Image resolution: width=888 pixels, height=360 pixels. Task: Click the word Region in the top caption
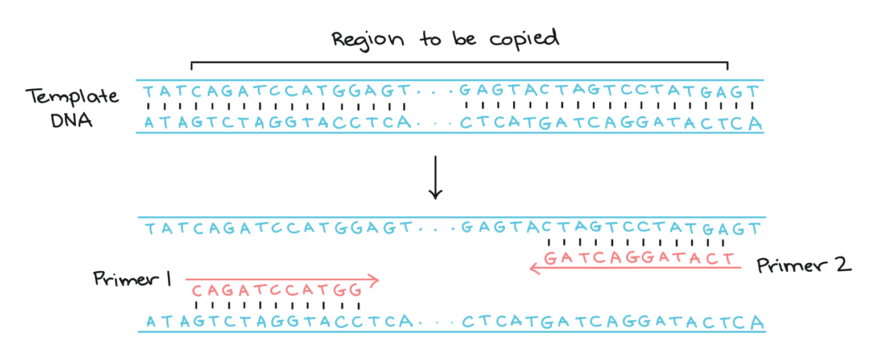368,39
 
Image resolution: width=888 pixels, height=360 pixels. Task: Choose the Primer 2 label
803,265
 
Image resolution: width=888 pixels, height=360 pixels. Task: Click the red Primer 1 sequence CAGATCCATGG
276,291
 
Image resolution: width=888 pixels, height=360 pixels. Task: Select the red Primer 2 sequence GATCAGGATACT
639,258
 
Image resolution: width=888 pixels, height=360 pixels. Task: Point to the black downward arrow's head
435,195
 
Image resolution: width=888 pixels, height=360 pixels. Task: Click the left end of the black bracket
192,65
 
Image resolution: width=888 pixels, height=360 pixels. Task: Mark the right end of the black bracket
727,65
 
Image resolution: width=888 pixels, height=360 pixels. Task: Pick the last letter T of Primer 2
729,258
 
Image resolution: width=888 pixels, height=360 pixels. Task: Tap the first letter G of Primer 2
550,258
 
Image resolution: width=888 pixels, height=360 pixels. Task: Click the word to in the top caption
428,39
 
